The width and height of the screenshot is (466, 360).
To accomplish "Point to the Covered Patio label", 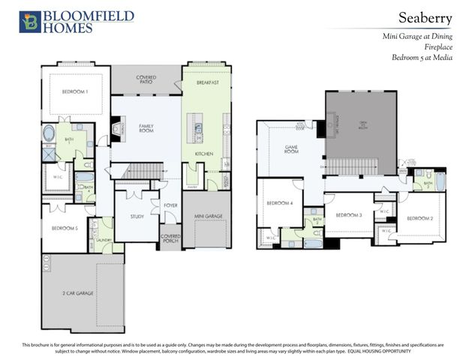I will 146,79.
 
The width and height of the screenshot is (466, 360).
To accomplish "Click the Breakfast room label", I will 207,82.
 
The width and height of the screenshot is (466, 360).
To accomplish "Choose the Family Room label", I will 146,129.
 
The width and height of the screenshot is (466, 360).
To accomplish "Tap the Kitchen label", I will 204,154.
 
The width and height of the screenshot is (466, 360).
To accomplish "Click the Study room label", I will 137,216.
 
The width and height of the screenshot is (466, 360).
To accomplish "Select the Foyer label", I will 170,205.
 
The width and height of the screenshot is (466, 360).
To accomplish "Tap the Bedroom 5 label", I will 65,227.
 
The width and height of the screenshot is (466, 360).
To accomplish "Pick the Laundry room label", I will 104,241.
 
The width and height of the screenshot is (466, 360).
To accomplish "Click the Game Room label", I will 293,149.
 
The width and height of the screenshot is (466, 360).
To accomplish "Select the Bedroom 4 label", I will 280,203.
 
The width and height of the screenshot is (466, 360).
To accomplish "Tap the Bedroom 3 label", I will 349,215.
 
